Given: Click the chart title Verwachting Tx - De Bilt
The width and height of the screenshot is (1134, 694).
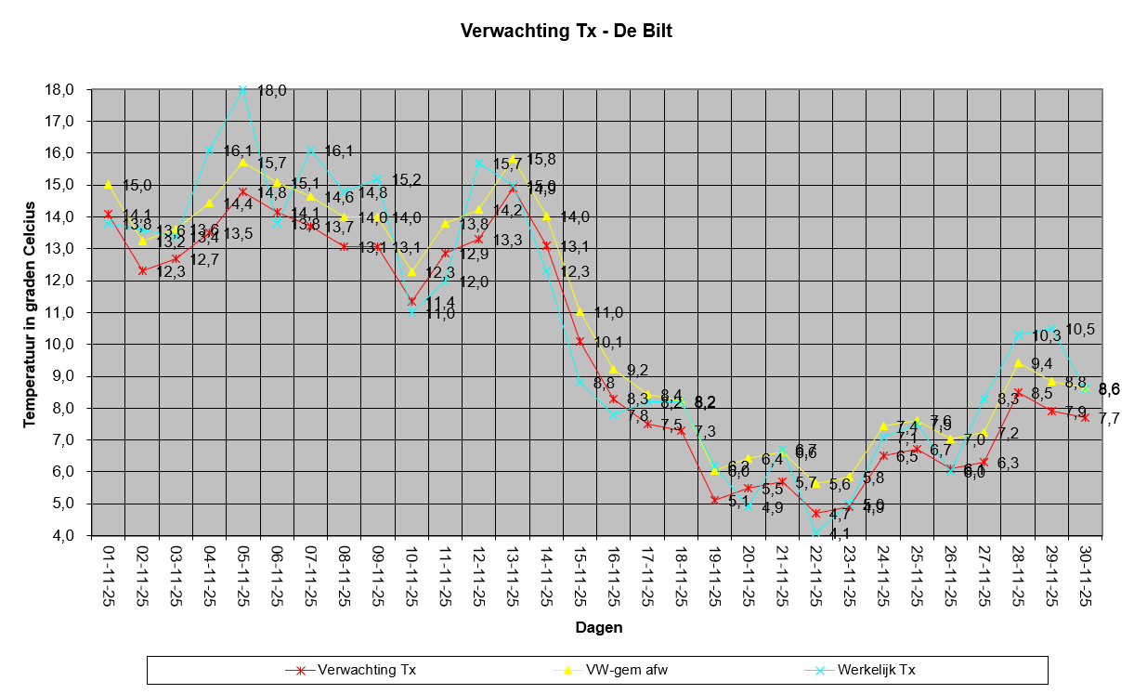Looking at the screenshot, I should tap(566, 31).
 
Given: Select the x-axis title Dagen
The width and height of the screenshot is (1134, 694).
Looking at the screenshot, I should tap(598, 627).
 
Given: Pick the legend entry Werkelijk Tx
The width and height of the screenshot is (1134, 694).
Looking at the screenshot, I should tap(876, 669).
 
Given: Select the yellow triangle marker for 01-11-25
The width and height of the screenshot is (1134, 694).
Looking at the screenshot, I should tap(109, 185).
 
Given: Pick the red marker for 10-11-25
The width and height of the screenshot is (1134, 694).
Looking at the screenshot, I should tap(411, 301).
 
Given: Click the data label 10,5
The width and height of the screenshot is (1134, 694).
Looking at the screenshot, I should tap(1079, 329).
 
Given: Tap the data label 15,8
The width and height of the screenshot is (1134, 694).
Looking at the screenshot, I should tap(541, 160).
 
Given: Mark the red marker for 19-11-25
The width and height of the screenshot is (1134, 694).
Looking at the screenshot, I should tap(714, 500).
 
